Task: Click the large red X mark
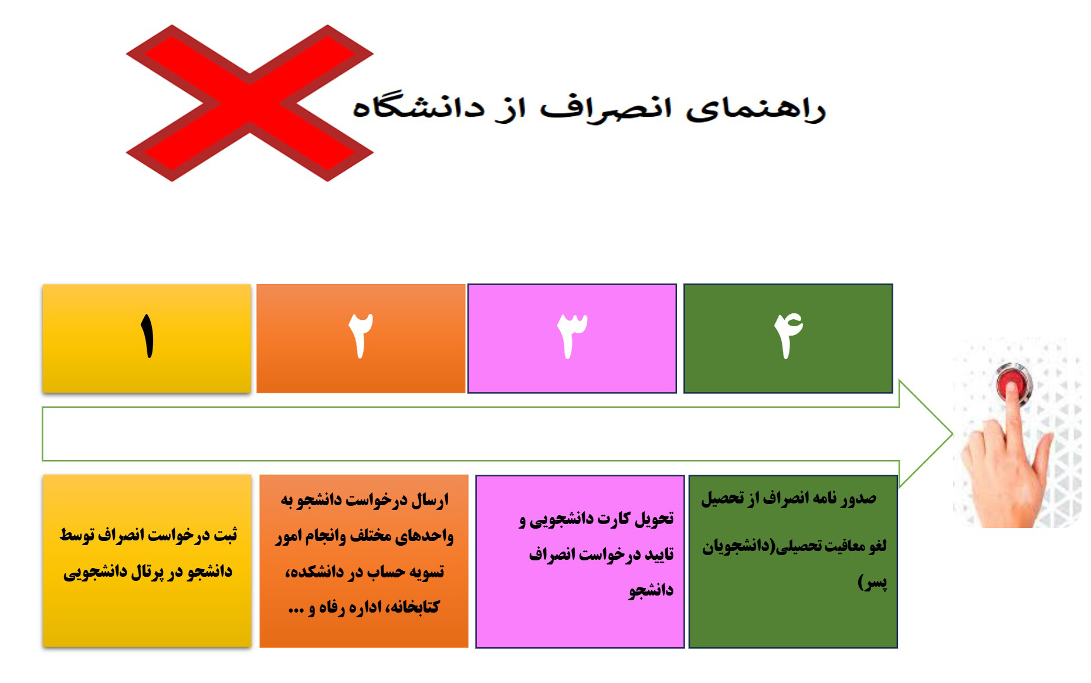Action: click(249, 103)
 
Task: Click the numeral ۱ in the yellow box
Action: click(147, 335)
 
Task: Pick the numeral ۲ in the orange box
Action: click(361, 335)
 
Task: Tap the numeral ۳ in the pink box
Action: click(572, 335)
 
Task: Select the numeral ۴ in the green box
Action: click(788, 335)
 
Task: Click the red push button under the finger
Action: click(1014, 384)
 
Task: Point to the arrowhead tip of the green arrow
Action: click(953, 435)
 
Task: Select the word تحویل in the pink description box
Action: click(653, 519)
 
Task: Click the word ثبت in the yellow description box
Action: click(225, 536)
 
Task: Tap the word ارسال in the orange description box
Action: click(429, 501)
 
